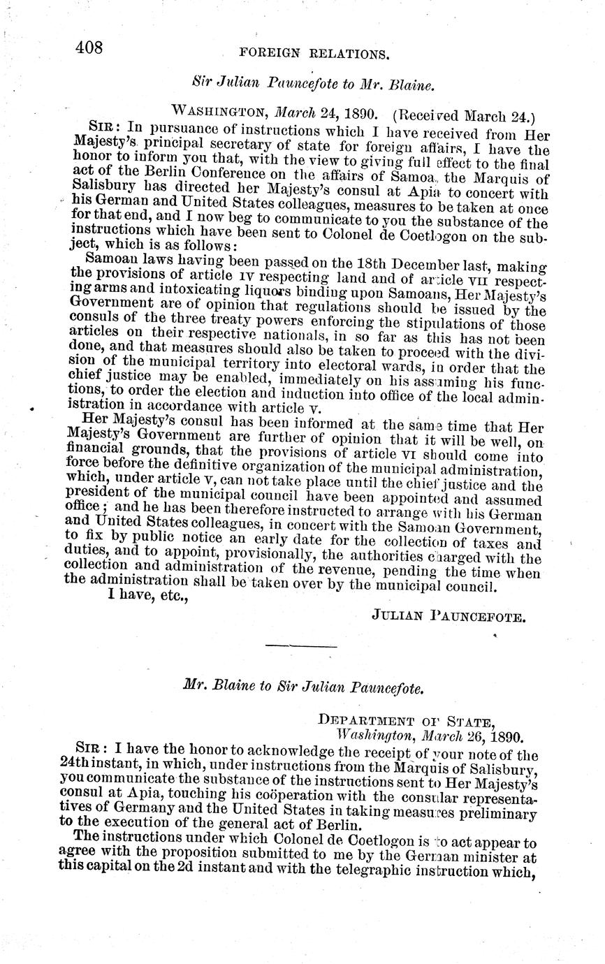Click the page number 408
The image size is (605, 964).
coord(88,48)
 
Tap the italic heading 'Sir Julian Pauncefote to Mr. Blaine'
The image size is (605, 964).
coord(314,84)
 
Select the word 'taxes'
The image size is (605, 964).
coord(524,544)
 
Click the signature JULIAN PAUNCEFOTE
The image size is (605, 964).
coord(449,615)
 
